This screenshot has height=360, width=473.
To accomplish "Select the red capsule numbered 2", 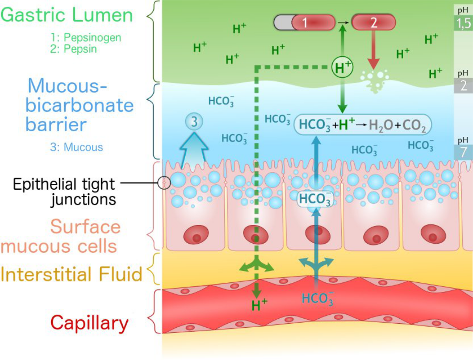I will click(x=373, y=22).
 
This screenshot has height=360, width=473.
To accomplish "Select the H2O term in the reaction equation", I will click(x=380, y=125).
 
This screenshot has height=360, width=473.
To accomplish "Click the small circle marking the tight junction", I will click(x=164, y=182).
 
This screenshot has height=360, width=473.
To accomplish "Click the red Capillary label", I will click(x=89, y=324).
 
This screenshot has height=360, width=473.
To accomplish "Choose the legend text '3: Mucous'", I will click(x=76, y=147).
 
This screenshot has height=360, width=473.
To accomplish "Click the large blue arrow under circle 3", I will click(x=194, y=148).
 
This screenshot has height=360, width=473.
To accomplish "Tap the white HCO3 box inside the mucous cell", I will click(x=315, y=198).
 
